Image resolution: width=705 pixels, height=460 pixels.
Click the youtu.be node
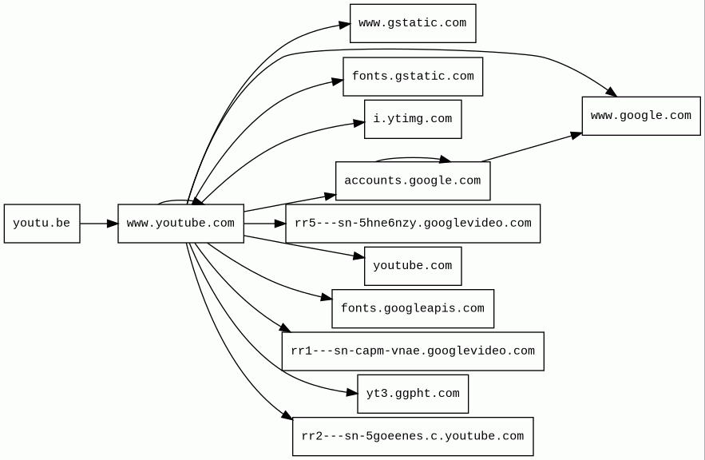(x=42, y=224)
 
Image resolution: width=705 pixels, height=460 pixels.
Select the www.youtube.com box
(x=180, y=224)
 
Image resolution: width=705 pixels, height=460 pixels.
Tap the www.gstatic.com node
(x=412, y=23)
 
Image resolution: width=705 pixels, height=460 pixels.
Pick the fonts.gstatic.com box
(x=412, y=77)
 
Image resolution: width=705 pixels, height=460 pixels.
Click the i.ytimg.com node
(x=412, y=119)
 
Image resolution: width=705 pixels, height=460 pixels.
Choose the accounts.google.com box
(x=412, y=180)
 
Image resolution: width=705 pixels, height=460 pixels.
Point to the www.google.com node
(x=640, y=116)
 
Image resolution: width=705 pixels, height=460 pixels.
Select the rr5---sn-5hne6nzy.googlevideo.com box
(x=412, y=224)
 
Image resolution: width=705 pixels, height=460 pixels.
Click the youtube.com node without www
(x=412, y=266)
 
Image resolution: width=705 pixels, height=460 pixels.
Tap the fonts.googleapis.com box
(x=412, y=308)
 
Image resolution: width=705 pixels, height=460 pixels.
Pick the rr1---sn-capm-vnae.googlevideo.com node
(x=412, y=351)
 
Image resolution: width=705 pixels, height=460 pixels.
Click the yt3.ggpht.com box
(x=412, y=394)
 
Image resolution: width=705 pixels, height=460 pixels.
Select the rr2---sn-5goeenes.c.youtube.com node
(x=412, y=436)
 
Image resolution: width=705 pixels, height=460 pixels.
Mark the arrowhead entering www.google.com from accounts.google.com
(x=576, y=135)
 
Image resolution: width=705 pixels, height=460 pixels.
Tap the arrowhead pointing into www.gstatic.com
(x=344, y=25)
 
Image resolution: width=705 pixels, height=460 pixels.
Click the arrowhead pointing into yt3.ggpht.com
(x=352, y=393)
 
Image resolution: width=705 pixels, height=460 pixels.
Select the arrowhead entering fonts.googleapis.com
(x=327, y=298)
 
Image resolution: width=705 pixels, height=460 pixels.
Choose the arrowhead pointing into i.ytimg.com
(x=359, y=123)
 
